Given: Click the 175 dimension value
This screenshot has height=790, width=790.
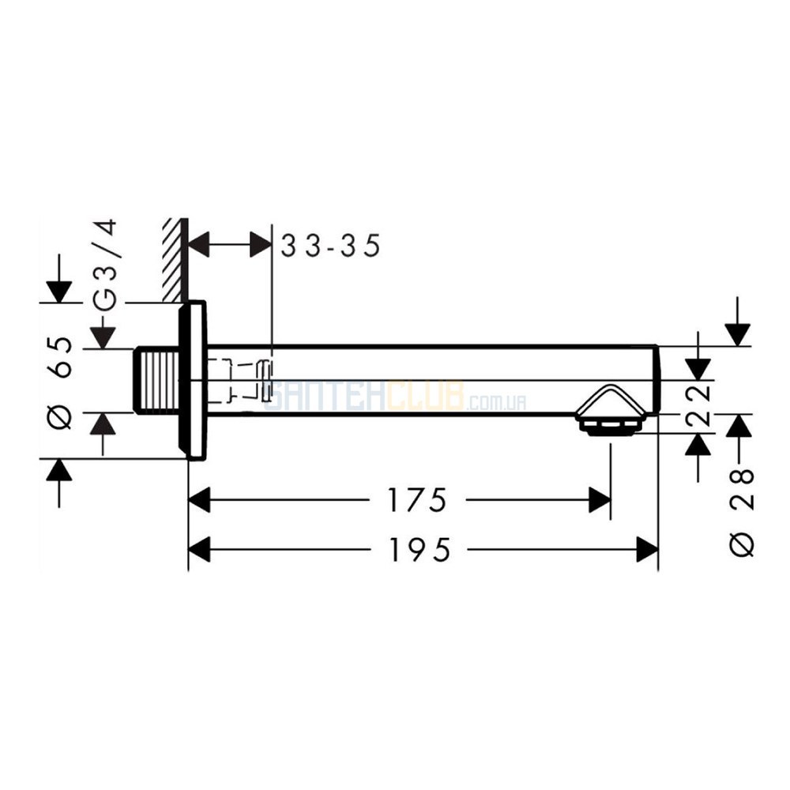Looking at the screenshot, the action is (416, 500).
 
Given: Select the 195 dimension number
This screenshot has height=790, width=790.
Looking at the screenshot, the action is (419, 549).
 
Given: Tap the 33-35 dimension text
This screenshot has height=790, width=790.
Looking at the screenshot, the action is (330, 246).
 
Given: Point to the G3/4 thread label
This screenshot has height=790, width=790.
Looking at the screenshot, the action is (105, 265).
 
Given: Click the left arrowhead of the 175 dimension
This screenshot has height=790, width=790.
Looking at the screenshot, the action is (199, 500).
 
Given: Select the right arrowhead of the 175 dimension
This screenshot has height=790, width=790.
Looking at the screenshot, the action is (600, 500).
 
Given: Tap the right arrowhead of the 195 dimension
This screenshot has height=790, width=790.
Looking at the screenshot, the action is (648, 549).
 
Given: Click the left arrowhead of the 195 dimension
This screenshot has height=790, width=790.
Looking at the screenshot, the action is (199, 549).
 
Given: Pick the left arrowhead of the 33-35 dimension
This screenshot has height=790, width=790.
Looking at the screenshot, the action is (198, 246).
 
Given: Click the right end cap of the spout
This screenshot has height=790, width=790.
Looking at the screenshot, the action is (656, 381).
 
